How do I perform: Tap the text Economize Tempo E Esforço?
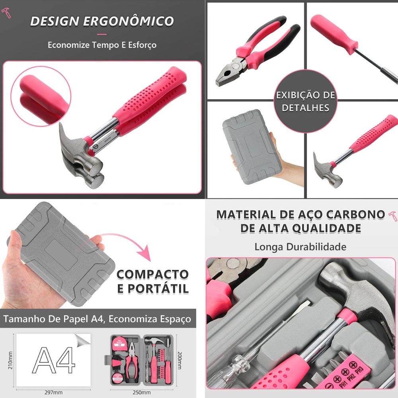point(102,45)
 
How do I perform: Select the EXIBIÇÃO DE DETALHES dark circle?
point(306,101)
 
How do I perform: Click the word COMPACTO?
point(152,275)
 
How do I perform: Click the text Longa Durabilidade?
point(300,247)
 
